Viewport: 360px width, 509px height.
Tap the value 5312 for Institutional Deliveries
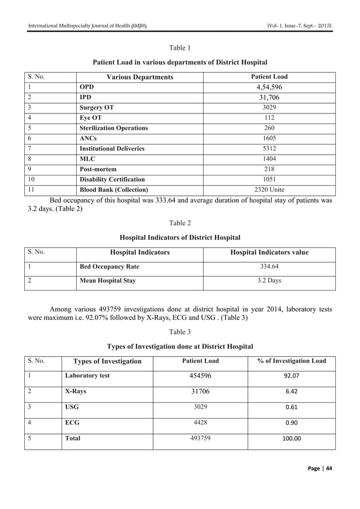tap(269, 148)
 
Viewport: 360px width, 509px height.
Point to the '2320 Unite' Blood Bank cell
tap(269, 189)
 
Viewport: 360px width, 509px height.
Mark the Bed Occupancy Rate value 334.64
tap(269, 266)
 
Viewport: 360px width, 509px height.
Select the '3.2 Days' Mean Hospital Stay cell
tap(269, 280)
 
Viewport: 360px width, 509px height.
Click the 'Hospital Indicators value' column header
tap(269, 252)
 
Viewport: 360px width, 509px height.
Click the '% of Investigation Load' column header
tap(292, 361)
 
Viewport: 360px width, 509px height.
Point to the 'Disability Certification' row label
tap(112, 179)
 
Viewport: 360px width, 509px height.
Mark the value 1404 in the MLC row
tap(269, 159)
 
